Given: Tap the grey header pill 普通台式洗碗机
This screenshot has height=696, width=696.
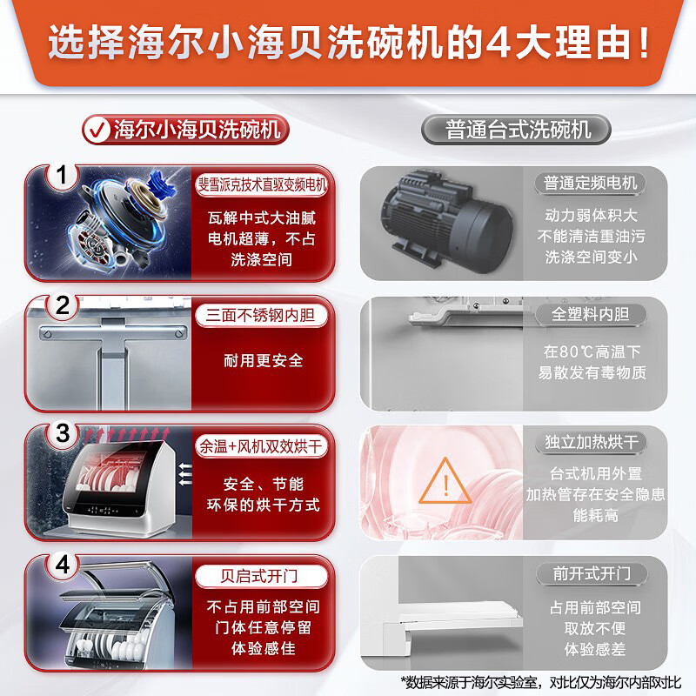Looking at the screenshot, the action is tap(516, 130).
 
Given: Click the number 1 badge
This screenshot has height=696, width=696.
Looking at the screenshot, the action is tap(62, 175).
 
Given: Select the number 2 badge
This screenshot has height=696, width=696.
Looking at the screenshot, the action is tap(63, 305).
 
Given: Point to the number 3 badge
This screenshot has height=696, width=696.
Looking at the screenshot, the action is tap(63, 433).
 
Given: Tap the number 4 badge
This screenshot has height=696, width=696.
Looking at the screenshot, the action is tap(63, 565).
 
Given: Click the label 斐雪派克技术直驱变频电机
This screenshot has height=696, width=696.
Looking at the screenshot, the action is tap(262, 184).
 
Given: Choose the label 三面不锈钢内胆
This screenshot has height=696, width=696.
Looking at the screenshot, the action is tap(261, 315).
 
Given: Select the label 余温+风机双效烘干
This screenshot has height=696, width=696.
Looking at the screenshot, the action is tap(261, 445).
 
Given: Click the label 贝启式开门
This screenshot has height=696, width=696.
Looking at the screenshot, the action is tap(261, 576).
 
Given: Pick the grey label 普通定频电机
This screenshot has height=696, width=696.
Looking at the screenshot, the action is tap(591, 183).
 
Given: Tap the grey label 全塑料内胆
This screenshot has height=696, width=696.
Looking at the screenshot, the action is tap(591, 314).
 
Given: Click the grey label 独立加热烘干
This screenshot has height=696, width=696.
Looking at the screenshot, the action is tap(592, 442).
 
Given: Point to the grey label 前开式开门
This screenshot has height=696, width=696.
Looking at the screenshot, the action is tap(592, 573).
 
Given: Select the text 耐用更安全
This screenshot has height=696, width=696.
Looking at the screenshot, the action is tap(264, 360).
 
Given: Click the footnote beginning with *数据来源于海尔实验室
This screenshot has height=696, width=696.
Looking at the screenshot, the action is tap(540, 682).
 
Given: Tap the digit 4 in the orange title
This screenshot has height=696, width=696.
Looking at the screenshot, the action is tap(498, 43).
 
